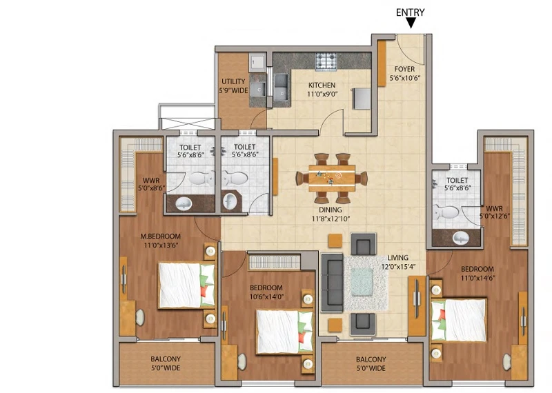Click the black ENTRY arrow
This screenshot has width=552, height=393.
click(x=411, y=23)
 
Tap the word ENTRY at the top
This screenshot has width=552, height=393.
click(x=410, y=12)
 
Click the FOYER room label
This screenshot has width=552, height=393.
click(x=404, y=69)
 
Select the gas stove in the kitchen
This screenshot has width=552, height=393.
click(x=326, y=61)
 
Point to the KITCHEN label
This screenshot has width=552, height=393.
click(x=322, y=85)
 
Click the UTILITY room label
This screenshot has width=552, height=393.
click(x=233, y=81)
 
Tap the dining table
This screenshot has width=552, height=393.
click(x=332, y=178)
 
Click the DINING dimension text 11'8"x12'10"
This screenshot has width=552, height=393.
click(x=331, y=219)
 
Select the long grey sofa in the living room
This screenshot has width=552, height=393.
click(x=332, y=283)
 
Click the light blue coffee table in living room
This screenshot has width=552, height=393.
click(x=362, y=282)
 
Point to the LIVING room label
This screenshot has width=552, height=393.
click(x=398, y=258)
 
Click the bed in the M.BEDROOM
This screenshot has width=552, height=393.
click(x=186, y=285)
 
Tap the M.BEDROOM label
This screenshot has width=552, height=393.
click(x=161, y=236)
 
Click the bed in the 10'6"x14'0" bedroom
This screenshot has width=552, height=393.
click(x=285, y=332)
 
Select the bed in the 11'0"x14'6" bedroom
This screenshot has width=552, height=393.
click(x=459, y=320)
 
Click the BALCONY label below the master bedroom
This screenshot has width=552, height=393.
click(x=166, y=359)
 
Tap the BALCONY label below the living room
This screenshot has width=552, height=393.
click(x=371, y=360)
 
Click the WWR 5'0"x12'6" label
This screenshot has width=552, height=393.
click(x=494, y=212)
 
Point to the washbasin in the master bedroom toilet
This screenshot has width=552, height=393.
click(x=184, y=203)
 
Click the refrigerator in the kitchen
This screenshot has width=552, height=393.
click(x=362, y=99)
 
